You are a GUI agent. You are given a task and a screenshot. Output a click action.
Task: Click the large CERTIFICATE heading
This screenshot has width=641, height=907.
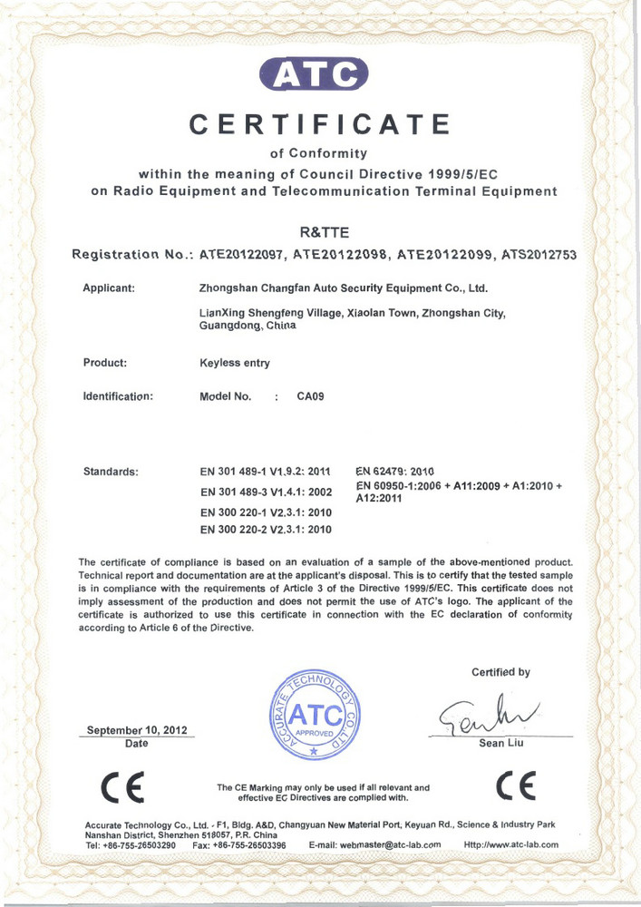(x=321, y=124)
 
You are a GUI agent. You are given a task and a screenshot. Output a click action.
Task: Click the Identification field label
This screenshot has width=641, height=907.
(x=117, y=396)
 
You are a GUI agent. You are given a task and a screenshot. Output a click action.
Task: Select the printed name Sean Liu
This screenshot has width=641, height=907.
(x=500, y=745)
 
